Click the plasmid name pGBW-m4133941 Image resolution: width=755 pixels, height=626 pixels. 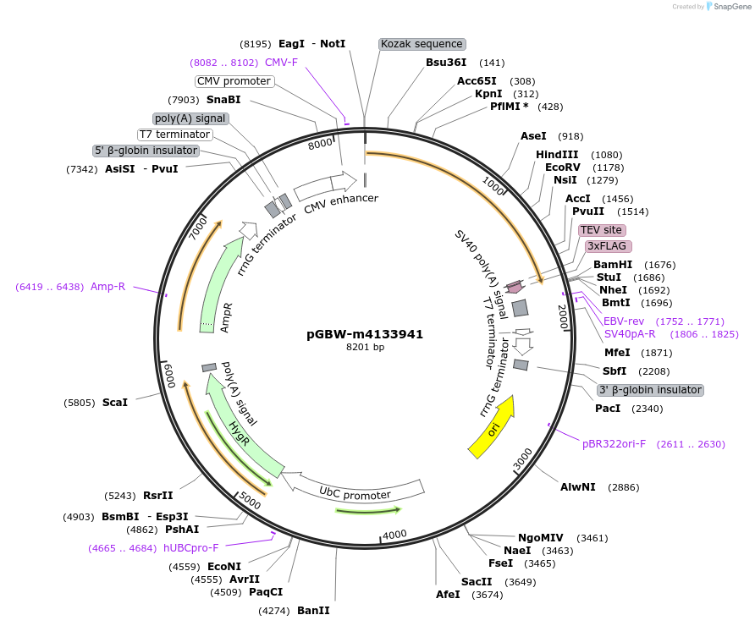click(365, 334)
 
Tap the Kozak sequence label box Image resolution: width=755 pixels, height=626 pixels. click(422, 44)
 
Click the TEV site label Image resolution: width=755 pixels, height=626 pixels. click(602, 230)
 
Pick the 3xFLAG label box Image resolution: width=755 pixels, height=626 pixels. click(607, 246)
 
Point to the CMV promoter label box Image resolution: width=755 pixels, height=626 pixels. click(234, 81)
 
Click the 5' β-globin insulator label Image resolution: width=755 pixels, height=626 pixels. click(146, 151)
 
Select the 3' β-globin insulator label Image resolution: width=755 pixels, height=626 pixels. click(650, 390)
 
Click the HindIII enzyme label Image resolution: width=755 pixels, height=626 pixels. click(557, 155)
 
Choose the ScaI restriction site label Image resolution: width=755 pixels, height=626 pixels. click(114, 402)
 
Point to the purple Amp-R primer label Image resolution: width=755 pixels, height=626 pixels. click(107, 287)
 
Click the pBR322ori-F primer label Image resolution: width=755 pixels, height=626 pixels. click(614, 443)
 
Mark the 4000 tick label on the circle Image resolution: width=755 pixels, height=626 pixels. click(395, 534)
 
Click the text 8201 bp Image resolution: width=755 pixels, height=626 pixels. click(365, 348)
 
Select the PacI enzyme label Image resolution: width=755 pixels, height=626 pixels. click(607, 409)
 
